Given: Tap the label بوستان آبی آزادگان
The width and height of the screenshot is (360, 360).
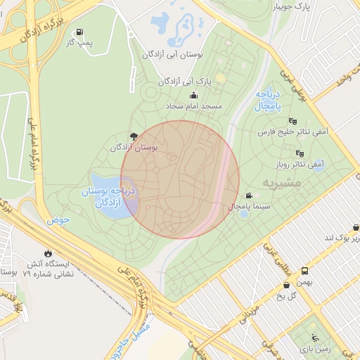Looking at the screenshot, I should point(172,54).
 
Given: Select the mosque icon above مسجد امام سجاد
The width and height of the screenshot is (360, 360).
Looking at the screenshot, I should point(193,96).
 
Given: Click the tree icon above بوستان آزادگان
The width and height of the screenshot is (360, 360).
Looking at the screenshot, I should point(133,136).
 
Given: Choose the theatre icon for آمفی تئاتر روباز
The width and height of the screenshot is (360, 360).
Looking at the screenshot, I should point(300,153).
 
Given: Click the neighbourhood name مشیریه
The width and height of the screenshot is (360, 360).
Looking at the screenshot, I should point(281,182).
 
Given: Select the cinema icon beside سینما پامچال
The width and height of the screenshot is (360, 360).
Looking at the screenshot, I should point(248,195).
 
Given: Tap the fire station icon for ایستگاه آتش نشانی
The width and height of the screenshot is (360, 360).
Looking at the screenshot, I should point(47,253).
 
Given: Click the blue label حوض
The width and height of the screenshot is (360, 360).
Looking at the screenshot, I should point(60,220).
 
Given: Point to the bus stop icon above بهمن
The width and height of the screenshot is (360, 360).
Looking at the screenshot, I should point(305,271).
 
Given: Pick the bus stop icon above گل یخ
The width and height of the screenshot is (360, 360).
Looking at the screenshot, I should point(286,285).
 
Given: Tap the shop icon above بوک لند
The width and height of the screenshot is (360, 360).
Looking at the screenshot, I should point(356,227).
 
